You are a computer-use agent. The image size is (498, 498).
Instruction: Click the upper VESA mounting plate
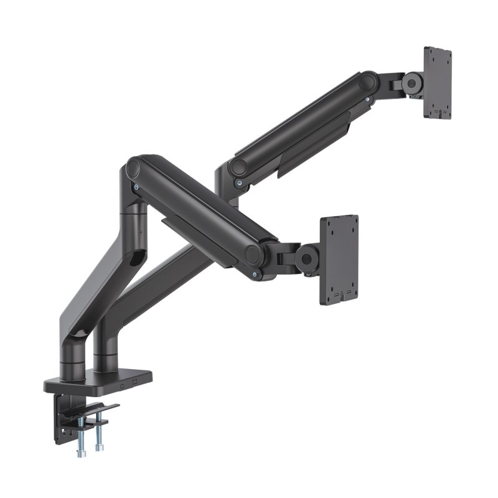pyautogui.click(x=437, y=81)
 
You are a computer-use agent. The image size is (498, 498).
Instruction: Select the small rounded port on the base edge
pyautogui.click(x=123, y=384)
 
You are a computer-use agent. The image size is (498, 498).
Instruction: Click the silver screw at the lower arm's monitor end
pyautogui.click(x=254, y=275)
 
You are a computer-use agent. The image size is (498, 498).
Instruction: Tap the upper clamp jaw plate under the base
pyautogui.click(x=100, y=409)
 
